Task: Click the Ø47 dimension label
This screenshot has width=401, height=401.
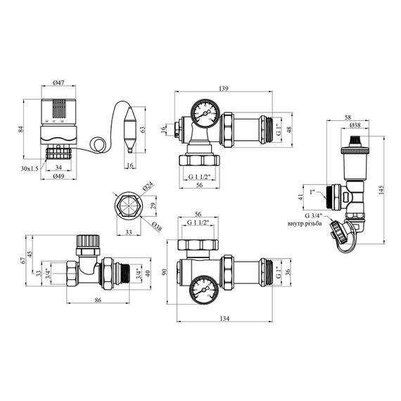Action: click(x=58, y=82)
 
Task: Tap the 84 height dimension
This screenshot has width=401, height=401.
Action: click(x=21, y=129)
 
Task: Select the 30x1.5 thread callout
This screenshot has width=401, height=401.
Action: click(x=30, y=169)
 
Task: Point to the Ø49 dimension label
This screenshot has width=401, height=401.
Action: click(x=58, y=176)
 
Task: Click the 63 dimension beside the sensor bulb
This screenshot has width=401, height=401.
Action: click(x=143, y=129)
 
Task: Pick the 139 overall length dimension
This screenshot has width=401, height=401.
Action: click(x=223, y=89)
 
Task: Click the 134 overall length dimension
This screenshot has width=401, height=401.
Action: click(x=224, y=319)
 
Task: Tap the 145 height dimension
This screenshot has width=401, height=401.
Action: click(x=381, y=190)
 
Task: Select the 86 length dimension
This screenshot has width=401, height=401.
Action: click(x=98, y=300)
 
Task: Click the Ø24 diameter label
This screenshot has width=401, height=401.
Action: click(x=148, y=186)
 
